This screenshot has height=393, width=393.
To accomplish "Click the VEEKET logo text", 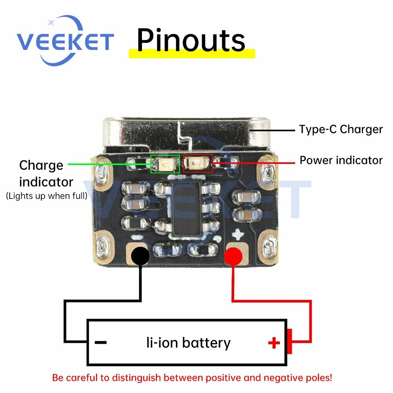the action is [x=65, y=41].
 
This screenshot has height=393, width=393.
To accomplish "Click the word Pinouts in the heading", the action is [x=191, y=40].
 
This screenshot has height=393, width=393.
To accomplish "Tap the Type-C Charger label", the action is [x=341, y=130].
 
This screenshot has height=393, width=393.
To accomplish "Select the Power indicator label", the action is [x=341, y=160].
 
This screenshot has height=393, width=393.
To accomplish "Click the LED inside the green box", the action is [x=165, y=164].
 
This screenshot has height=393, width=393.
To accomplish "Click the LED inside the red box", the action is [x=198, y=163].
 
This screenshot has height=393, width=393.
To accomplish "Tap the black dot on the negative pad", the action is [x=140, y=256].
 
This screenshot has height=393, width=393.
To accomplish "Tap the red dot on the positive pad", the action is [x=233, y=256].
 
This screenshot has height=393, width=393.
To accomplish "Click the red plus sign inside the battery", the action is [x=274, y=343].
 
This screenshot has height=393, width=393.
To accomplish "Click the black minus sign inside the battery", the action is [x=101, y=342].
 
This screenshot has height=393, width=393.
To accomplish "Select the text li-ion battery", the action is [x=189, y=343].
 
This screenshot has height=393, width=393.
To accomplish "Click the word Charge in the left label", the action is [x=41, y=165].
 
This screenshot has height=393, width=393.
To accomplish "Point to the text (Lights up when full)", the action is [x=47, y=196].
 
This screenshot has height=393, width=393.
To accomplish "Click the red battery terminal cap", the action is [x=290, y=342].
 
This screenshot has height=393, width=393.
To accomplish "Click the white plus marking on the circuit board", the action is [x=238, y=234].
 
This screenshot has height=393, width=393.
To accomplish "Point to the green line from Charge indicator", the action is [x=110, y=164].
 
